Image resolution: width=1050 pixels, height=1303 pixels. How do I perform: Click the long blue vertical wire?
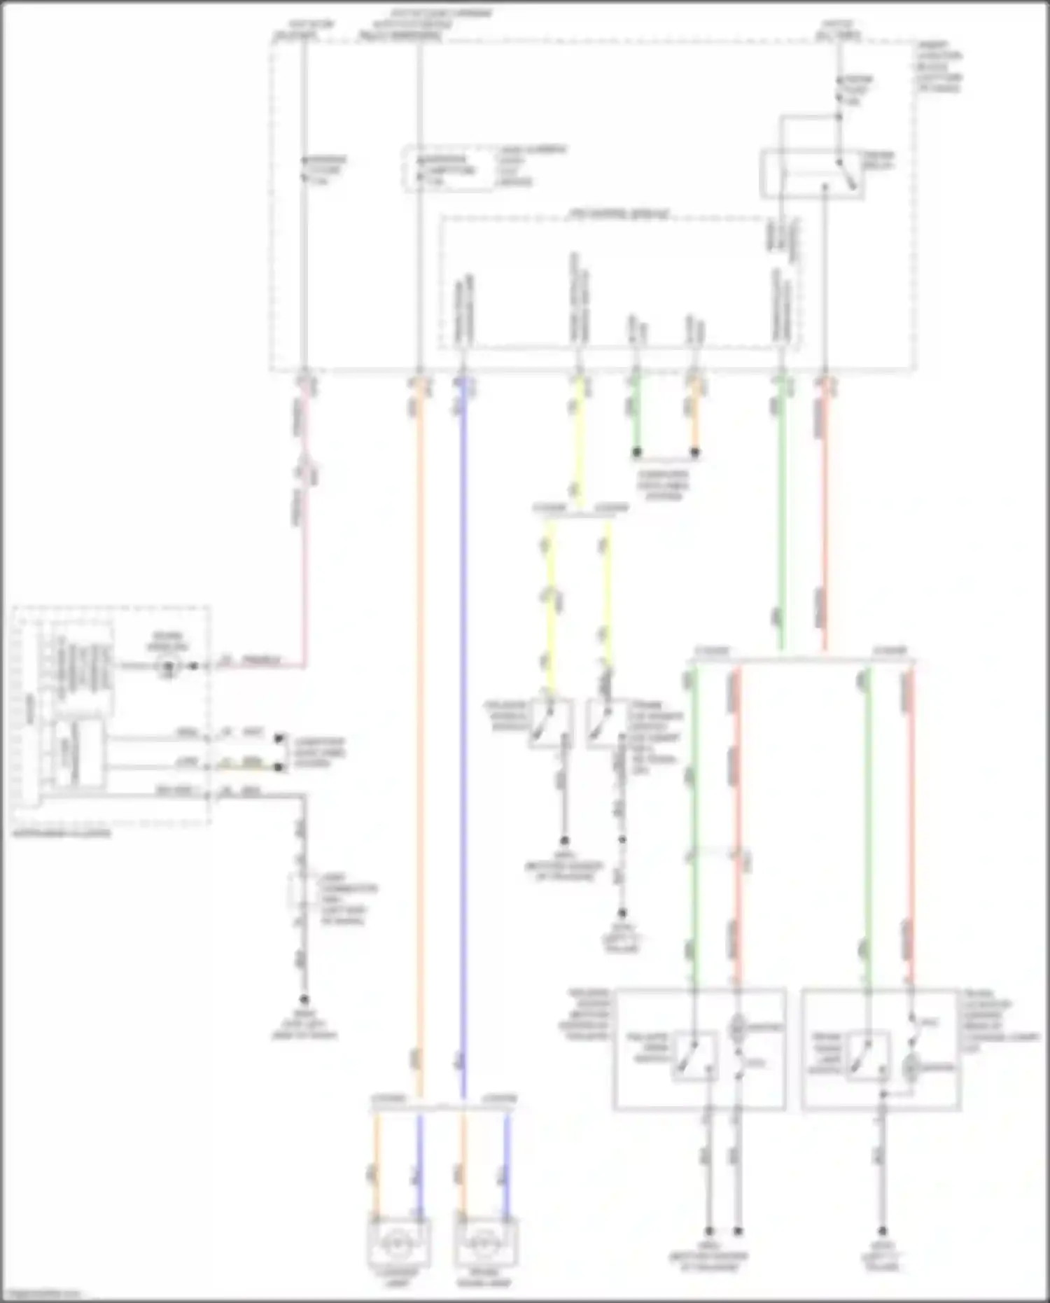click(461, 700)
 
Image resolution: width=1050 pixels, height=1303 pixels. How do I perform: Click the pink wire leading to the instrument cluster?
click(304, 560)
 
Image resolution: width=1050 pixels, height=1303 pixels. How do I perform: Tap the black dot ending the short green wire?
click(637, 452)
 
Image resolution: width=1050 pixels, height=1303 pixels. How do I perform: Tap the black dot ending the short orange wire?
click(694, 452)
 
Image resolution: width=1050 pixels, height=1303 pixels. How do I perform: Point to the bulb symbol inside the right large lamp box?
click(911, 1068)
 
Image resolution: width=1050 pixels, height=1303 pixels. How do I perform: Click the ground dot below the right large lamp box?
click(883, 1230)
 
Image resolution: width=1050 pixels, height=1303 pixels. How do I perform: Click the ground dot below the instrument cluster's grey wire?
click(304, 1000)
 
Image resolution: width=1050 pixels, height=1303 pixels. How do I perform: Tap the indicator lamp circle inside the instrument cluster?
click(168, 666)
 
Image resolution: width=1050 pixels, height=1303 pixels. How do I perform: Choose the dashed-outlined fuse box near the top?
click(448, 169)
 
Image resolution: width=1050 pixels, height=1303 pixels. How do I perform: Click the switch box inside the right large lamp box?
click(868, 1056)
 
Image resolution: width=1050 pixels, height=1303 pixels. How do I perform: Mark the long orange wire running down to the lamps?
click(419, 700)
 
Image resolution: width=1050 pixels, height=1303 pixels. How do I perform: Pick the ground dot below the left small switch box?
click(564, 840)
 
